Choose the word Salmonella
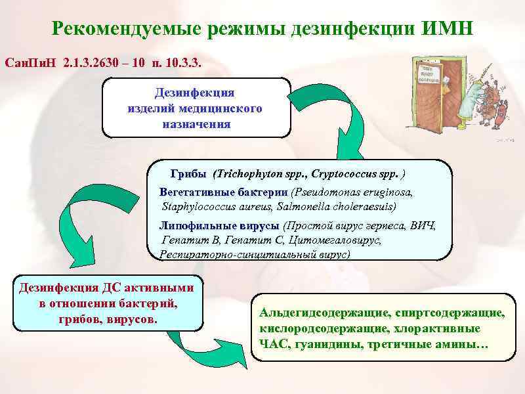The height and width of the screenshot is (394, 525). tap(295, 206)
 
